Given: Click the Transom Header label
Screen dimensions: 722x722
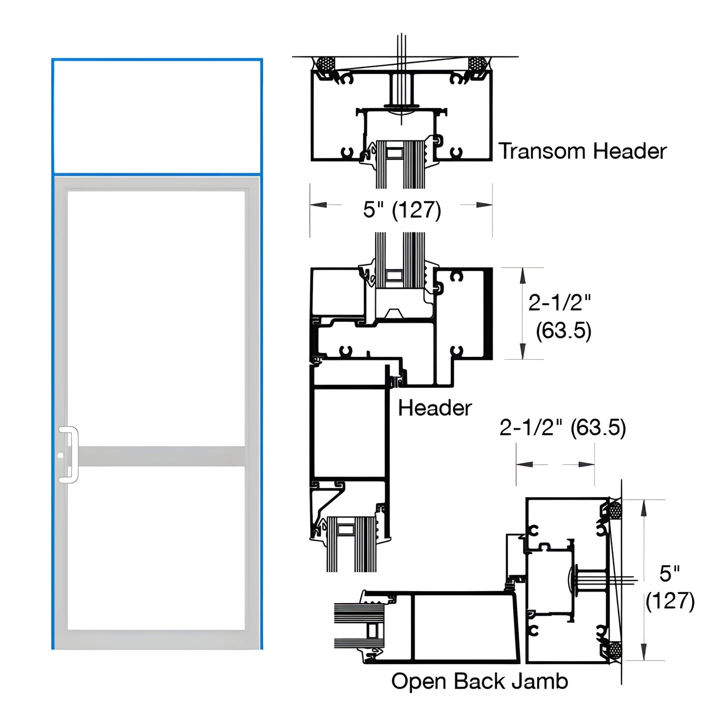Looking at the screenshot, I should tap(582, 151).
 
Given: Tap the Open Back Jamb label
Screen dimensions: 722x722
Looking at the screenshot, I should tap(479, 681).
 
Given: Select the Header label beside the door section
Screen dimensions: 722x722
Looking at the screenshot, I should tap(434, 408).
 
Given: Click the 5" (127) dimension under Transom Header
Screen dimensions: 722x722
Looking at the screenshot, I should tap(402, 209).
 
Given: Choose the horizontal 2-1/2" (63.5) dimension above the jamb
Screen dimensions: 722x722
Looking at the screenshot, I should tap(562, 428).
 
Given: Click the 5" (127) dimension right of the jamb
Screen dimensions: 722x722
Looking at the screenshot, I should tap(670, 588).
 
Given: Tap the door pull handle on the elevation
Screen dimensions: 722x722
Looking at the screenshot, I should tap(69, 454).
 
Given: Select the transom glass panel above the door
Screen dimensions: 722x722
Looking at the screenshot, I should tap(157, 117).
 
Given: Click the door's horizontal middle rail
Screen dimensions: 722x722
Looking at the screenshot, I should tap(157, 456).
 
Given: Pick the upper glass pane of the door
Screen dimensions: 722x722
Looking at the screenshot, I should tap(157, 318).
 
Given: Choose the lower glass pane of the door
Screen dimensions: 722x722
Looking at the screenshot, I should tap(157, 548).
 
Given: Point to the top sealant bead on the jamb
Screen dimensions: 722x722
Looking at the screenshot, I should tap(614, 511).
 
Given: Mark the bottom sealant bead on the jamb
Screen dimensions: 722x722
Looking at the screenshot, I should tap(614, 650).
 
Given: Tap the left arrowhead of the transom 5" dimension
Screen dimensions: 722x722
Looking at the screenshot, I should tap(318, 205).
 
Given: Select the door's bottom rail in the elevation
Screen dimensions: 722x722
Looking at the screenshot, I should tap(157, 640).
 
